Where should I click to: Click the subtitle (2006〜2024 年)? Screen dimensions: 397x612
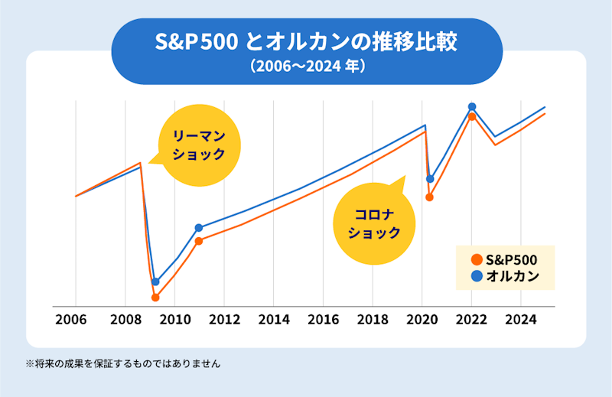click(307, 67)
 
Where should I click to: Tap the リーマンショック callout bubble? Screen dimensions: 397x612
click(198, 145)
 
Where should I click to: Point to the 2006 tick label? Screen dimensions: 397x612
click(76, 319)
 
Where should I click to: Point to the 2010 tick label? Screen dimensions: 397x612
click(174, 319)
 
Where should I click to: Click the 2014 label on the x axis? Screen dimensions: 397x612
click(274, 319)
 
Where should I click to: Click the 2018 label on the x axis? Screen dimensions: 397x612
click(373, 319)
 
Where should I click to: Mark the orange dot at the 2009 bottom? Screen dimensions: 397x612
click(155, 298)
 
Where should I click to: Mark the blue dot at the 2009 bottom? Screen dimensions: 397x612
click(155, 281)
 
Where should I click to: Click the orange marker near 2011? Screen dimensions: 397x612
click(199, 241)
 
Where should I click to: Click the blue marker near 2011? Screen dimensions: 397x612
click(199, 227)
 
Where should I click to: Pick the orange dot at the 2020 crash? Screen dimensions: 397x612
click(430, 197)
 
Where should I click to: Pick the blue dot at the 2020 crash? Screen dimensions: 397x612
click(430, 179)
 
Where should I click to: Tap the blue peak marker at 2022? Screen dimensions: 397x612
click(472, 106)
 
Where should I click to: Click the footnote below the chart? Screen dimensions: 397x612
click(123, 364)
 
